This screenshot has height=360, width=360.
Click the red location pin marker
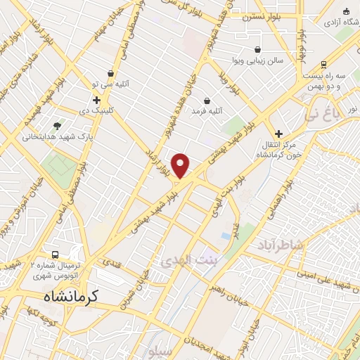coord(181,165)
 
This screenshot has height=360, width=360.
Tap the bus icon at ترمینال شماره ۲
coord(54,254)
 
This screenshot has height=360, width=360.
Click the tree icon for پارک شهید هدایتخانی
coord(57,124)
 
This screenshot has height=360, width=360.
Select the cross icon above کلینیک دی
coord(96,101)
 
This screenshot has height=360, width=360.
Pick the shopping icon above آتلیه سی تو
coord(111,73)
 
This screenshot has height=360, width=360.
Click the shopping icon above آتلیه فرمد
coord(207,101)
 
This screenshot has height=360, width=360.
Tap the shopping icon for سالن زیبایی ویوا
coord(258,50)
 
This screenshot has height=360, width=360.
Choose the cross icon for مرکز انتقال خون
coord(278,134)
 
